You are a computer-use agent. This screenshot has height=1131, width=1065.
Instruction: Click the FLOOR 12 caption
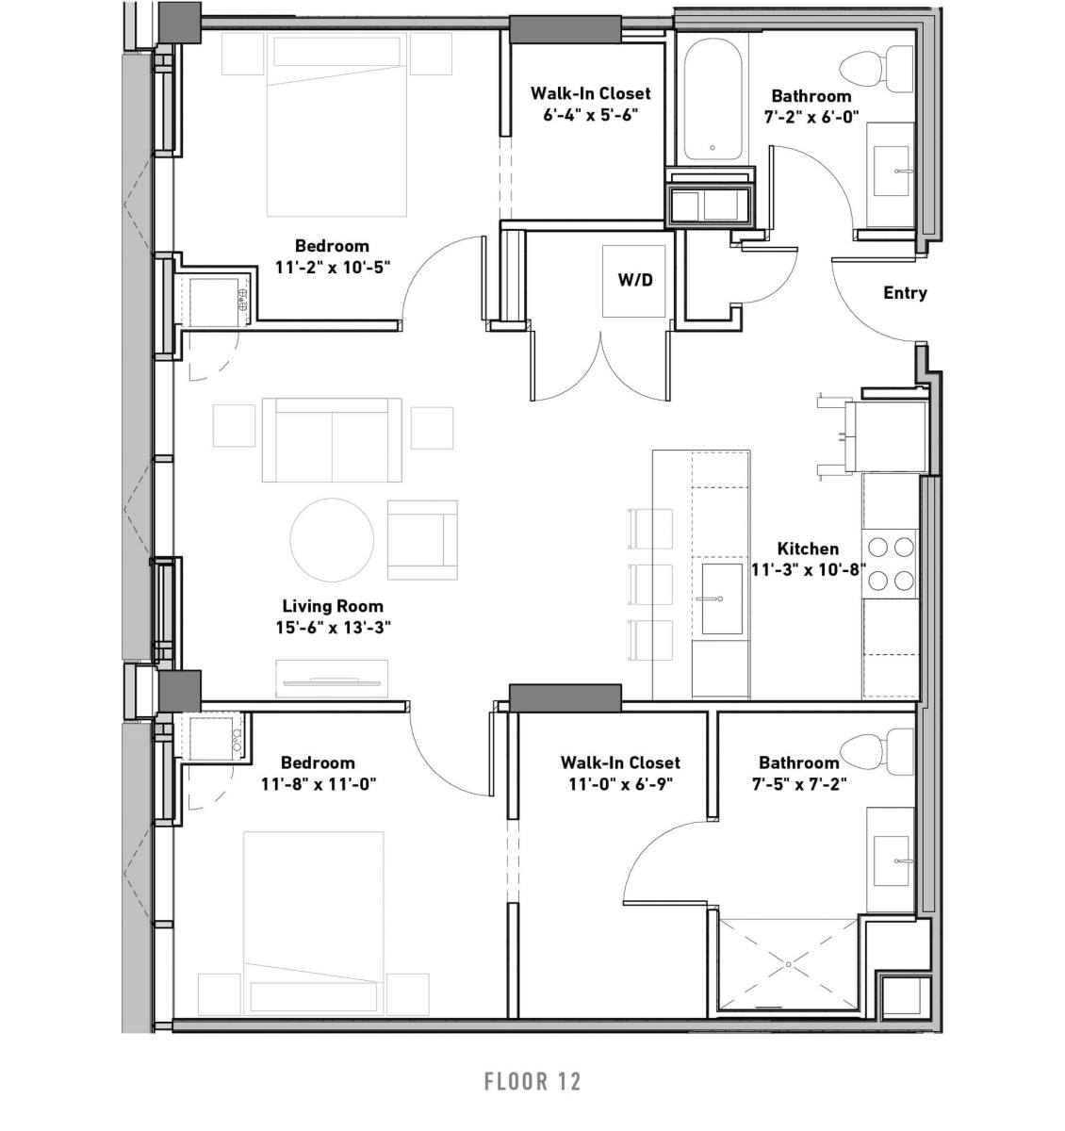coord(532,1080)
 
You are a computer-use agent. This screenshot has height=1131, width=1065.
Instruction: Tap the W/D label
coord(635,280)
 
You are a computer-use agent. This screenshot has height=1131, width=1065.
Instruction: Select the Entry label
coord(905,293)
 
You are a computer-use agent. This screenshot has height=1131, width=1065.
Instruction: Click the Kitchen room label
coord(808,549)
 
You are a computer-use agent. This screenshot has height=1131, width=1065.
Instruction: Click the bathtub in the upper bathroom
coord(712,99)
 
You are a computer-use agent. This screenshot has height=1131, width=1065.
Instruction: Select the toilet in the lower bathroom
coord(876,750)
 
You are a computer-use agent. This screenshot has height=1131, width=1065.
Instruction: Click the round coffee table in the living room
coord(332,540)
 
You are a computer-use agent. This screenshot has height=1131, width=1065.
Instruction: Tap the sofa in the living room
coord(332,439)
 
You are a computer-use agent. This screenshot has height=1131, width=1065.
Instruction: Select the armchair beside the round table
coord(422,540)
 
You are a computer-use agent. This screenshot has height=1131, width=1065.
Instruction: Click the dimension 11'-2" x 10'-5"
coord(333,267)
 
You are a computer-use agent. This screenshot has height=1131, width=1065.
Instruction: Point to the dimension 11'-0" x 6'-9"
coord(621,784)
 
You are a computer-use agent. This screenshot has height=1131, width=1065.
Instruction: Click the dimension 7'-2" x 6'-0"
coord(811,117)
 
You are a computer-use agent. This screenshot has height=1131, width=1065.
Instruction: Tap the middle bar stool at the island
coord(650,584)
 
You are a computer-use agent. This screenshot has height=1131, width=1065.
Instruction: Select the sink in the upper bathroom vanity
coord(892,171)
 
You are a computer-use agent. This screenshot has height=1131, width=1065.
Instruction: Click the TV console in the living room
coord(332,679)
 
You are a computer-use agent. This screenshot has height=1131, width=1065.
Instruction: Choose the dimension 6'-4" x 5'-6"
coord(590,114)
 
